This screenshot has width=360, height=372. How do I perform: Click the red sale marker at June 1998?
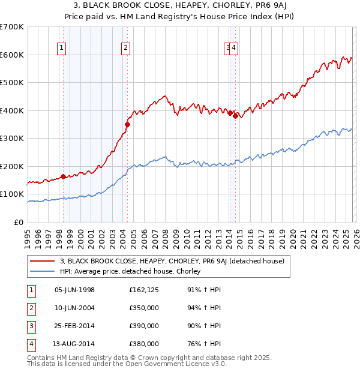(64, 177)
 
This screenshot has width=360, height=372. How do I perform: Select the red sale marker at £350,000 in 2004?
(127, 124)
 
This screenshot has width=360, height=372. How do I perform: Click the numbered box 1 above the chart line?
(62, 49)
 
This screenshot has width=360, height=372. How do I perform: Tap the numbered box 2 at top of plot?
(125, 49)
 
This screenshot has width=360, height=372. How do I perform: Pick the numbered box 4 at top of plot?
(234, 49)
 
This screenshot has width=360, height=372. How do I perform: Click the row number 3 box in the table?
(30, 326)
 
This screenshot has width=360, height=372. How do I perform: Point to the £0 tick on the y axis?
(18, 222)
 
